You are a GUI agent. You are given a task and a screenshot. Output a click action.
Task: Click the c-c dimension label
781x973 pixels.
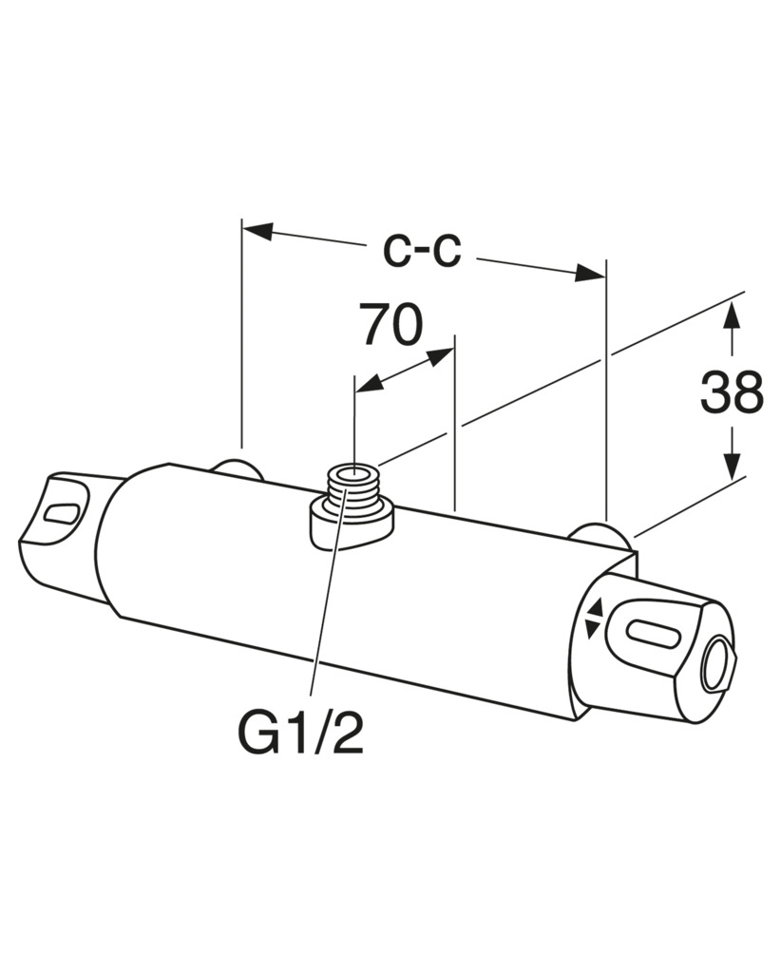coord(421,252)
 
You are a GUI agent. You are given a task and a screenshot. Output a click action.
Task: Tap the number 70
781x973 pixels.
coord(392,325)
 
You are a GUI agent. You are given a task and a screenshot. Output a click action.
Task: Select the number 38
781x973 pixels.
coord(732,392)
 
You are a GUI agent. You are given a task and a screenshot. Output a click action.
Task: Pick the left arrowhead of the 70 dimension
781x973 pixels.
coord(369,384)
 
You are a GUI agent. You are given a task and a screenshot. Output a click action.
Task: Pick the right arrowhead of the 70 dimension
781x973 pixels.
coord(440,356)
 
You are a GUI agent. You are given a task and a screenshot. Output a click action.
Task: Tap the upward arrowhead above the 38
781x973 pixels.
coord(733,316)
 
